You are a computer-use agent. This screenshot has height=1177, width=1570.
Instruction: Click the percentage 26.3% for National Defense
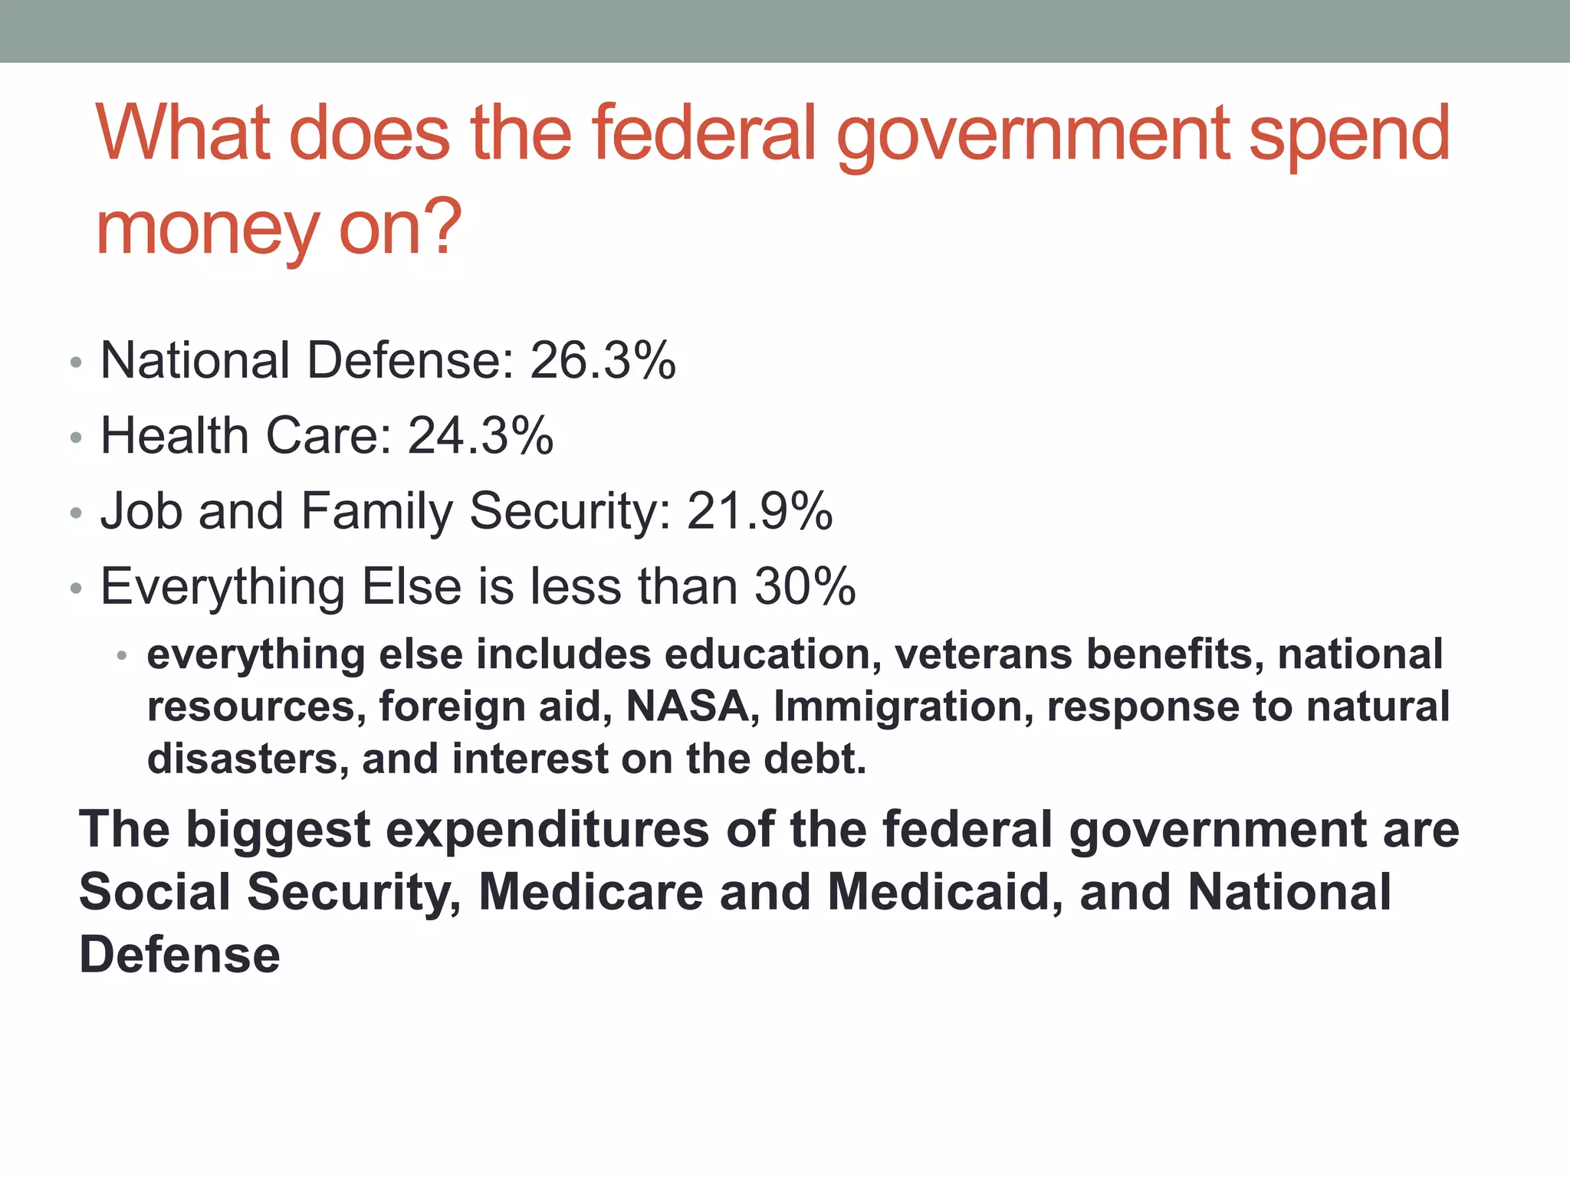click(603, 360)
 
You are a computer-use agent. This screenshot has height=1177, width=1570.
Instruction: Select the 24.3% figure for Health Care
click(481, 435)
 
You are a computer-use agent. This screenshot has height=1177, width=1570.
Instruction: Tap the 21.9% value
click(759, 510)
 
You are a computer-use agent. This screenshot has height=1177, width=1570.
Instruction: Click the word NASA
click(687, 706)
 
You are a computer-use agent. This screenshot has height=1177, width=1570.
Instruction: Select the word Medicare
click(591, 892)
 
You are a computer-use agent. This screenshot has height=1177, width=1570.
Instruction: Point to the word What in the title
click(184, 133)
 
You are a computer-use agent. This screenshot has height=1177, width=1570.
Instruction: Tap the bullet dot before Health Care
click(75, 438)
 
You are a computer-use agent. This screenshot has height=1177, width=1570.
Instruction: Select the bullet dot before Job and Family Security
click(75, 513)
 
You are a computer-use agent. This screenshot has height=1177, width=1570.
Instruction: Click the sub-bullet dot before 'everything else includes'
click(121, 656)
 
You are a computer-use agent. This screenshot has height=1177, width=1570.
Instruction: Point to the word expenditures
click(547, 830)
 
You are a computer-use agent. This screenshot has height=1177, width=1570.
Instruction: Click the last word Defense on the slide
click(180, 955)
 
